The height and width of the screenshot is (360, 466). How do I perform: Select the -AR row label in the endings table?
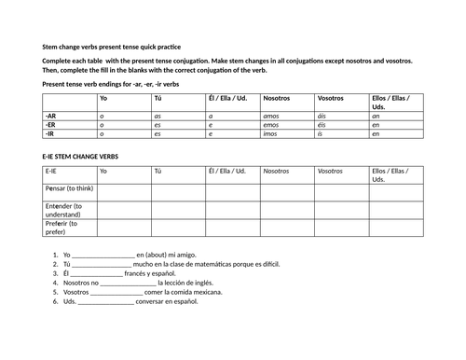point(51,116)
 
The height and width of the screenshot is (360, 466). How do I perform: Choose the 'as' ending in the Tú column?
point(158,116)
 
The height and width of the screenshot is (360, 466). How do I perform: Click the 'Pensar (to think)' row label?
point(68,187)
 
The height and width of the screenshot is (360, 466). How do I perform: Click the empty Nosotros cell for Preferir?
point(286,228)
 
